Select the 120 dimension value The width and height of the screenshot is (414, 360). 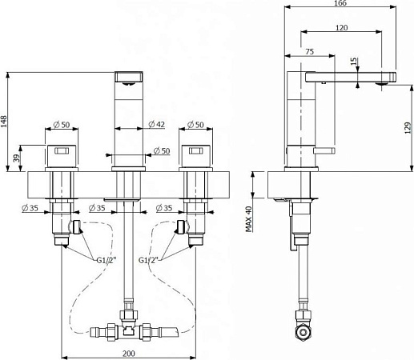(x=341, y=28)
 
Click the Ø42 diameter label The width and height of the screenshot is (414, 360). (x=157, y=124)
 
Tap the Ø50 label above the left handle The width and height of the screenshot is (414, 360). (x=61, y=124)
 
